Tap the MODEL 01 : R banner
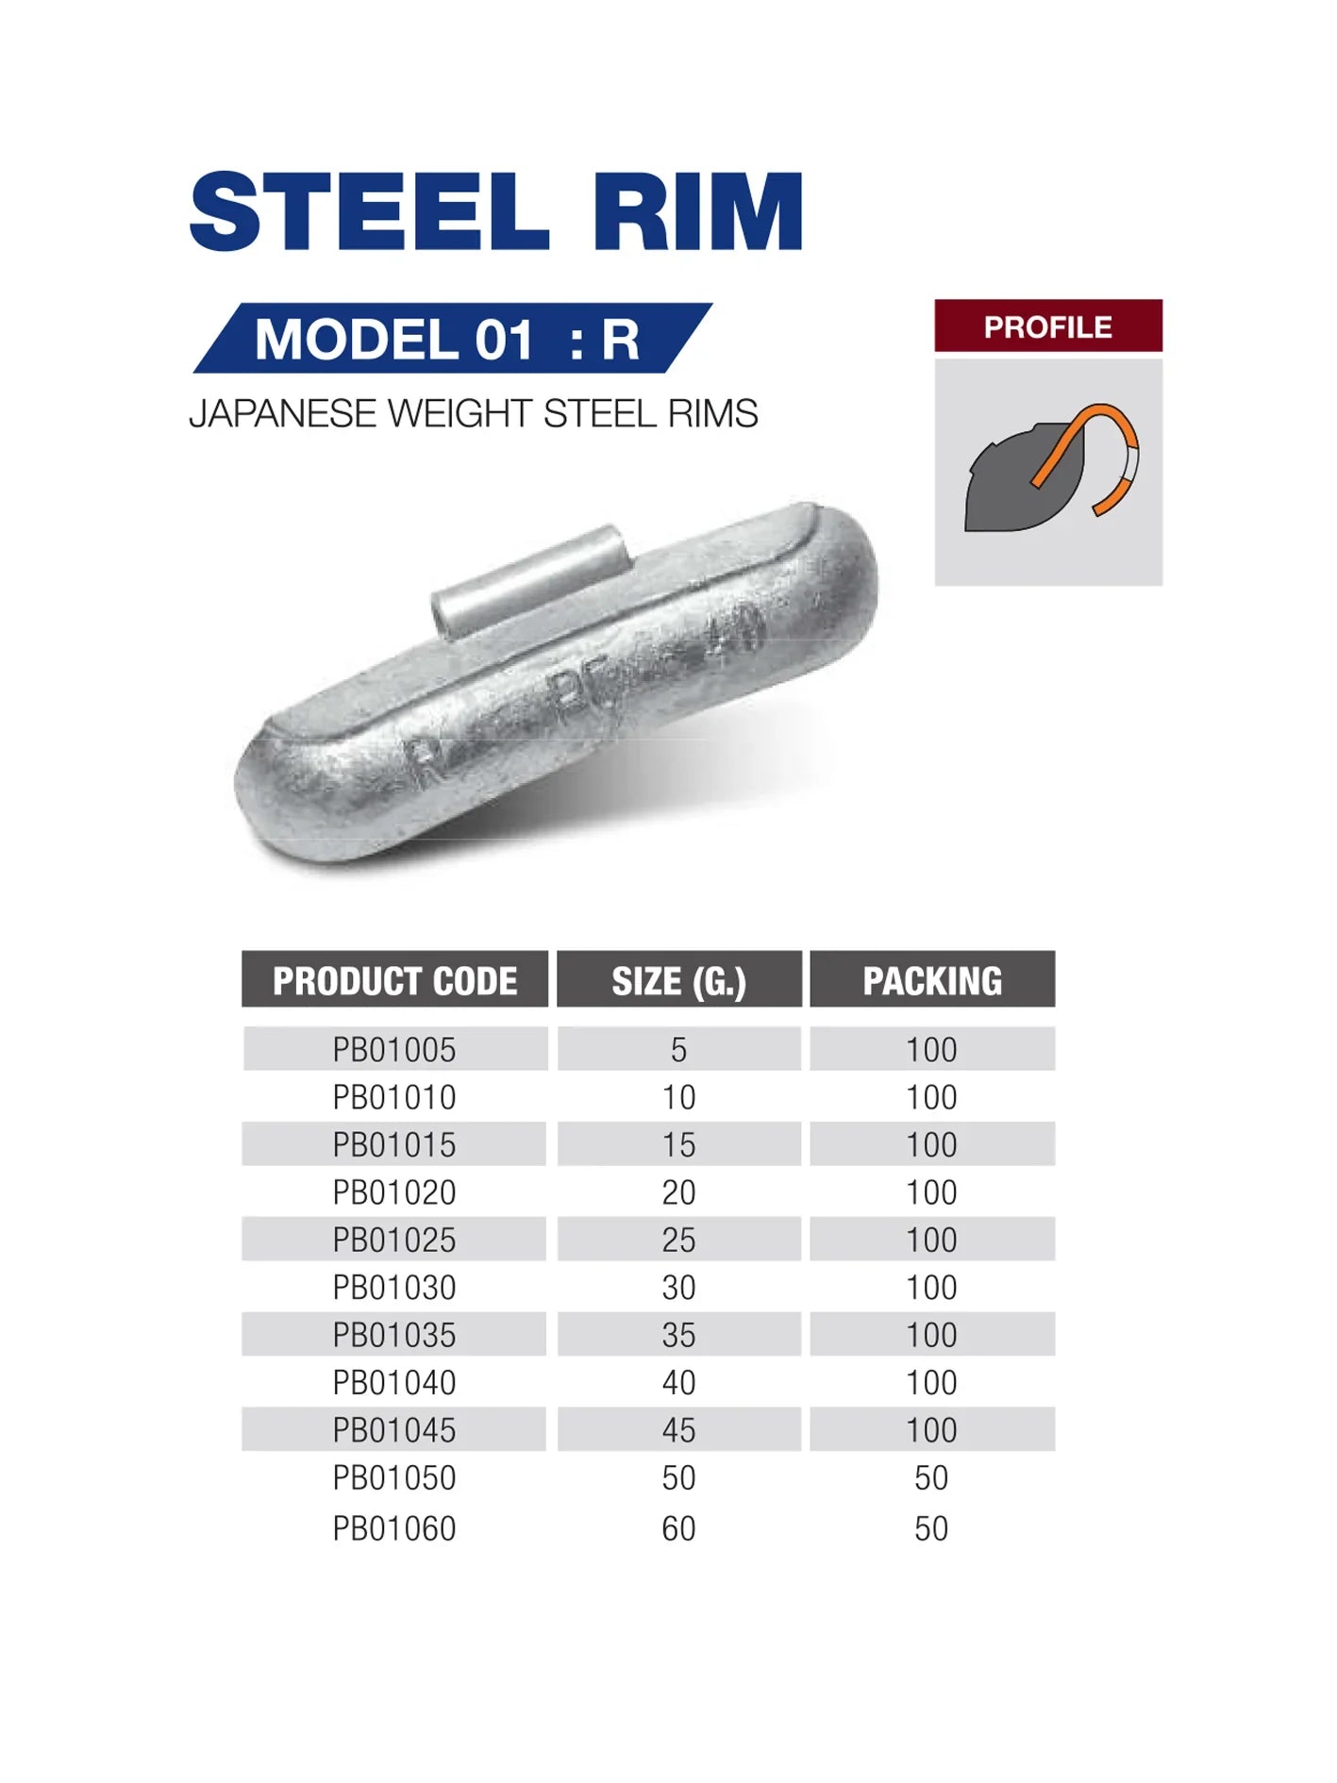point(451,339)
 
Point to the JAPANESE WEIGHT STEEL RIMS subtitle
point(473,414)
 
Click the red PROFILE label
point(1047,326)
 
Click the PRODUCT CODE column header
point(394,980)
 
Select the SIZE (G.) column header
point(678,980)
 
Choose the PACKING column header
point(932,980)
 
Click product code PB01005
point(394,1049)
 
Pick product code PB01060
point(394,1528)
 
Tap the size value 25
point(678,1240)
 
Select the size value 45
point(678,1430)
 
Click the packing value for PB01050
point(931,1477)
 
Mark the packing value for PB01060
point(931,1528)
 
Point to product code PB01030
point(394,1287)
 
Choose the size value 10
point(678,1097)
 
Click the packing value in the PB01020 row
point(931,1192)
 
